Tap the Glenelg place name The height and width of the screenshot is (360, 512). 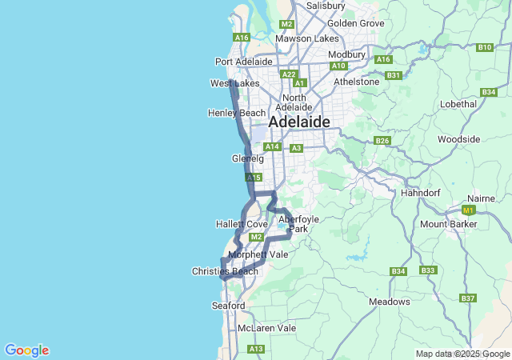[x=247, y=158]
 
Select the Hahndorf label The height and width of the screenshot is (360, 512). [x=421, y=194]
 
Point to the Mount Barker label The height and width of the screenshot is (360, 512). [x=449, y=224]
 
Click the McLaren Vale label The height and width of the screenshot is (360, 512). [x=266, y=328]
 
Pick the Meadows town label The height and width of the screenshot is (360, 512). [x=390, y=302]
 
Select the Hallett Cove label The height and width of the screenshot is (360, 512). [x=241, y=224]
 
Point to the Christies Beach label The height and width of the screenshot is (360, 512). [x=225, y=271]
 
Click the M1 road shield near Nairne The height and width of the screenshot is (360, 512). [x=469, y=210]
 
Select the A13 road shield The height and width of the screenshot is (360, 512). [x=256, y=349]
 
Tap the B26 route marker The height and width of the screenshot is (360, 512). [x=382, y=141]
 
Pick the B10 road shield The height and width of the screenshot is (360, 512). [x=484, y=47]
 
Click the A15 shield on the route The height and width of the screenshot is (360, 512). [x=253, y=178]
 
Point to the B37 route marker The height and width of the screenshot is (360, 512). [x=468, y=298]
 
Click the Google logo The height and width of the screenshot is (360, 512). [x=26, y=350]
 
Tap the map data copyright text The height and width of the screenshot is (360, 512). [x=462, y=354]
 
